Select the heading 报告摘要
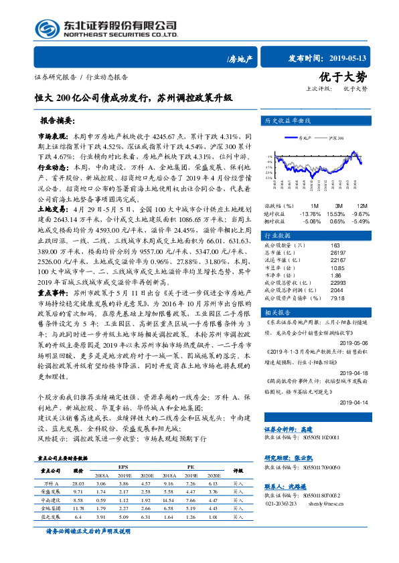click(x=58, y=122)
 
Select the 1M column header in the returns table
click(x=315, y=205)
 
